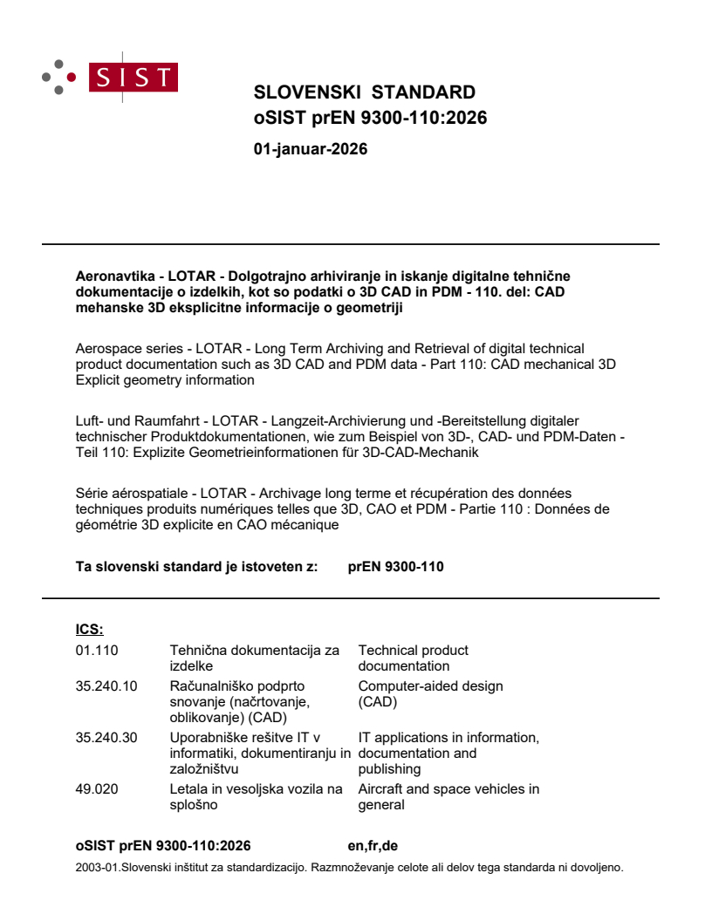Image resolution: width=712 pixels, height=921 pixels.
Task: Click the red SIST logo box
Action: pyautogui.click(x=134, y=77)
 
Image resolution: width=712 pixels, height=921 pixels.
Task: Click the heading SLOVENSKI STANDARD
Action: pyautogui.click(x=364, y=93)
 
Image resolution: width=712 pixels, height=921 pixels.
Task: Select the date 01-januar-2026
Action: pyautogui.click(x=310, y=149)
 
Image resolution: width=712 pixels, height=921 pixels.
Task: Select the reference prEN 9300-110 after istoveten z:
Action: pyautogui.click(x=395, y=566)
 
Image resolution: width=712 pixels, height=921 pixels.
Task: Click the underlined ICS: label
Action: pyautogui.click(x=89, y=629)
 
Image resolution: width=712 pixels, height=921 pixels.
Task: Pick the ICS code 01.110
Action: pyautogui.click(x=96, y=650)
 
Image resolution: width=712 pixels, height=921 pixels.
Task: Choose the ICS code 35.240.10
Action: pyautogui.click(x=106, y=686)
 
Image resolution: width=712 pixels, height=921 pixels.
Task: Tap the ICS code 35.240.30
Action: pyautogui.click(x=106, y=738)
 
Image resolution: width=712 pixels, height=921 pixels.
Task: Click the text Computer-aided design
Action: pyautogui.click(x=430, y=686)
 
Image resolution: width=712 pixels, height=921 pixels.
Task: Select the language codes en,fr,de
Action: pyautogui.click(x=373, y=845)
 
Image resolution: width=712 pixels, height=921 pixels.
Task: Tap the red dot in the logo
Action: pyautogui.click(x=72, y=77)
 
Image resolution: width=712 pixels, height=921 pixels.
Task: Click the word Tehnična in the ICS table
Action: pyautogui.click(x=196, y=650)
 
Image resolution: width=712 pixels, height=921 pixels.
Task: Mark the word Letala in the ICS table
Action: pyautogui.click(x=188, y=789)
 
